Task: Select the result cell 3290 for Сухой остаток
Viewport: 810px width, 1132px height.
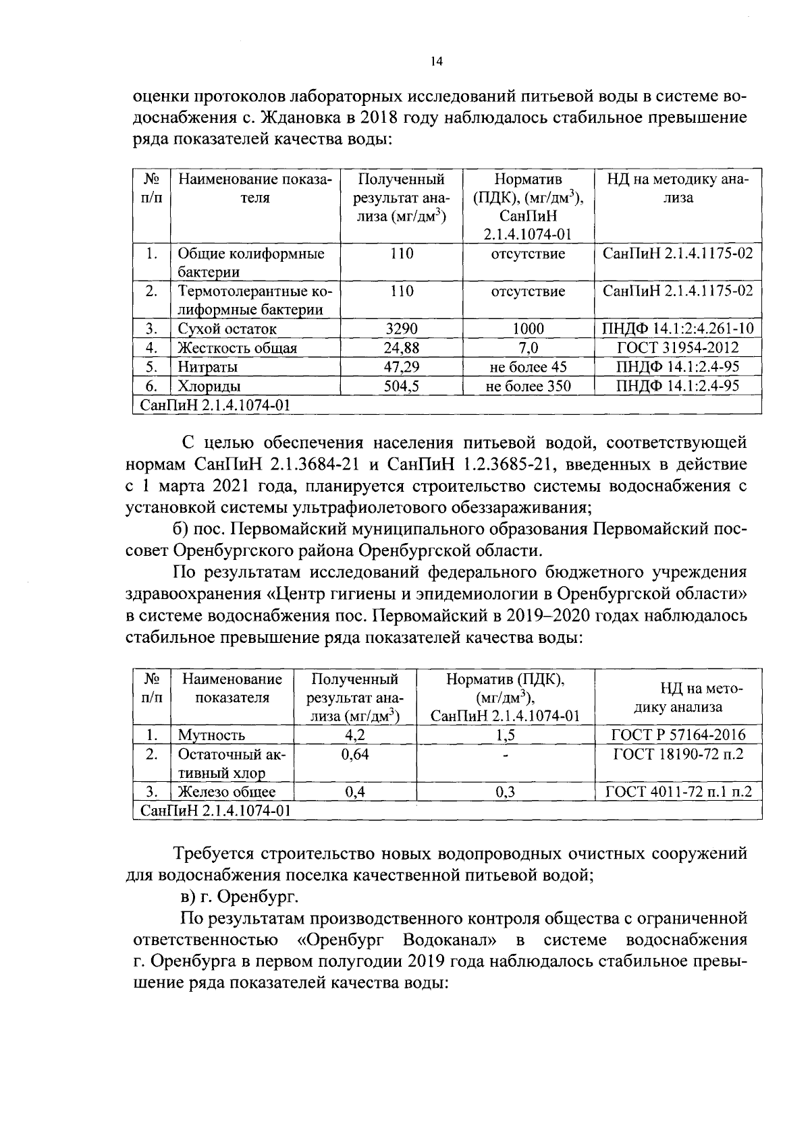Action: (401, 329)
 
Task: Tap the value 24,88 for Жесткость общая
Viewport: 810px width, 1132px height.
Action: (401, 348)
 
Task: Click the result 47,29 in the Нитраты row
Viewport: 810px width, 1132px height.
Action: (401, 367)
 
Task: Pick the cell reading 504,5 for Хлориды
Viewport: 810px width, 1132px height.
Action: (401, 386)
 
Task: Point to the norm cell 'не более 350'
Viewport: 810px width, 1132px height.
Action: (528, 386)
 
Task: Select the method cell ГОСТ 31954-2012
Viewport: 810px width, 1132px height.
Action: (678, 348)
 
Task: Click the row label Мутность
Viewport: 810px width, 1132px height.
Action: (211, 735)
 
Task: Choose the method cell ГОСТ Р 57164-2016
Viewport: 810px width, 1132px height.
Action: (678, 735)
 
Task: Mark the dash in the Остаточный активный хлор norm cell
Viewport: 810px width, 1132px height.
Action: (505, 756)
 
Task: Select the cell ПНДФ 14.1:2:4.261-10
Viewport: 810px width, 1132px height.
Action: (678, 329)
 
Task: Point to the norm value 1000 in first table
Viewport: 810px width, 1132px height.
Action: (528, 329)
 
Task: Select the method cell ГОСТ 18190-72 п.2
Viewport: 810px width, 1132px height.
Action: (678, 754)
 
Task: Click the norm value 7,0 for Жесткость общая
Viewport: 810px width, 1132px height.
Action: (528, 348)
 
